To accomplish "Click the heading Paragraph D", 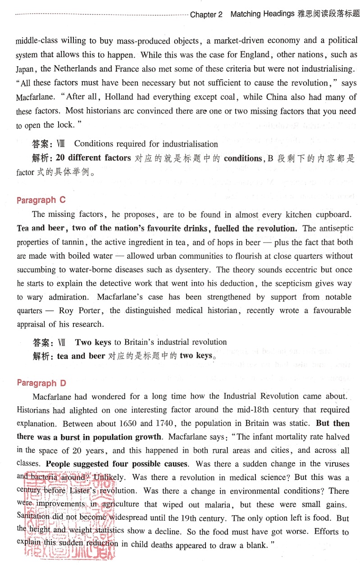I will point(41,383).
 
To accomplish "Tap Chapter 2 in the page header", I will point(206,14).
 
